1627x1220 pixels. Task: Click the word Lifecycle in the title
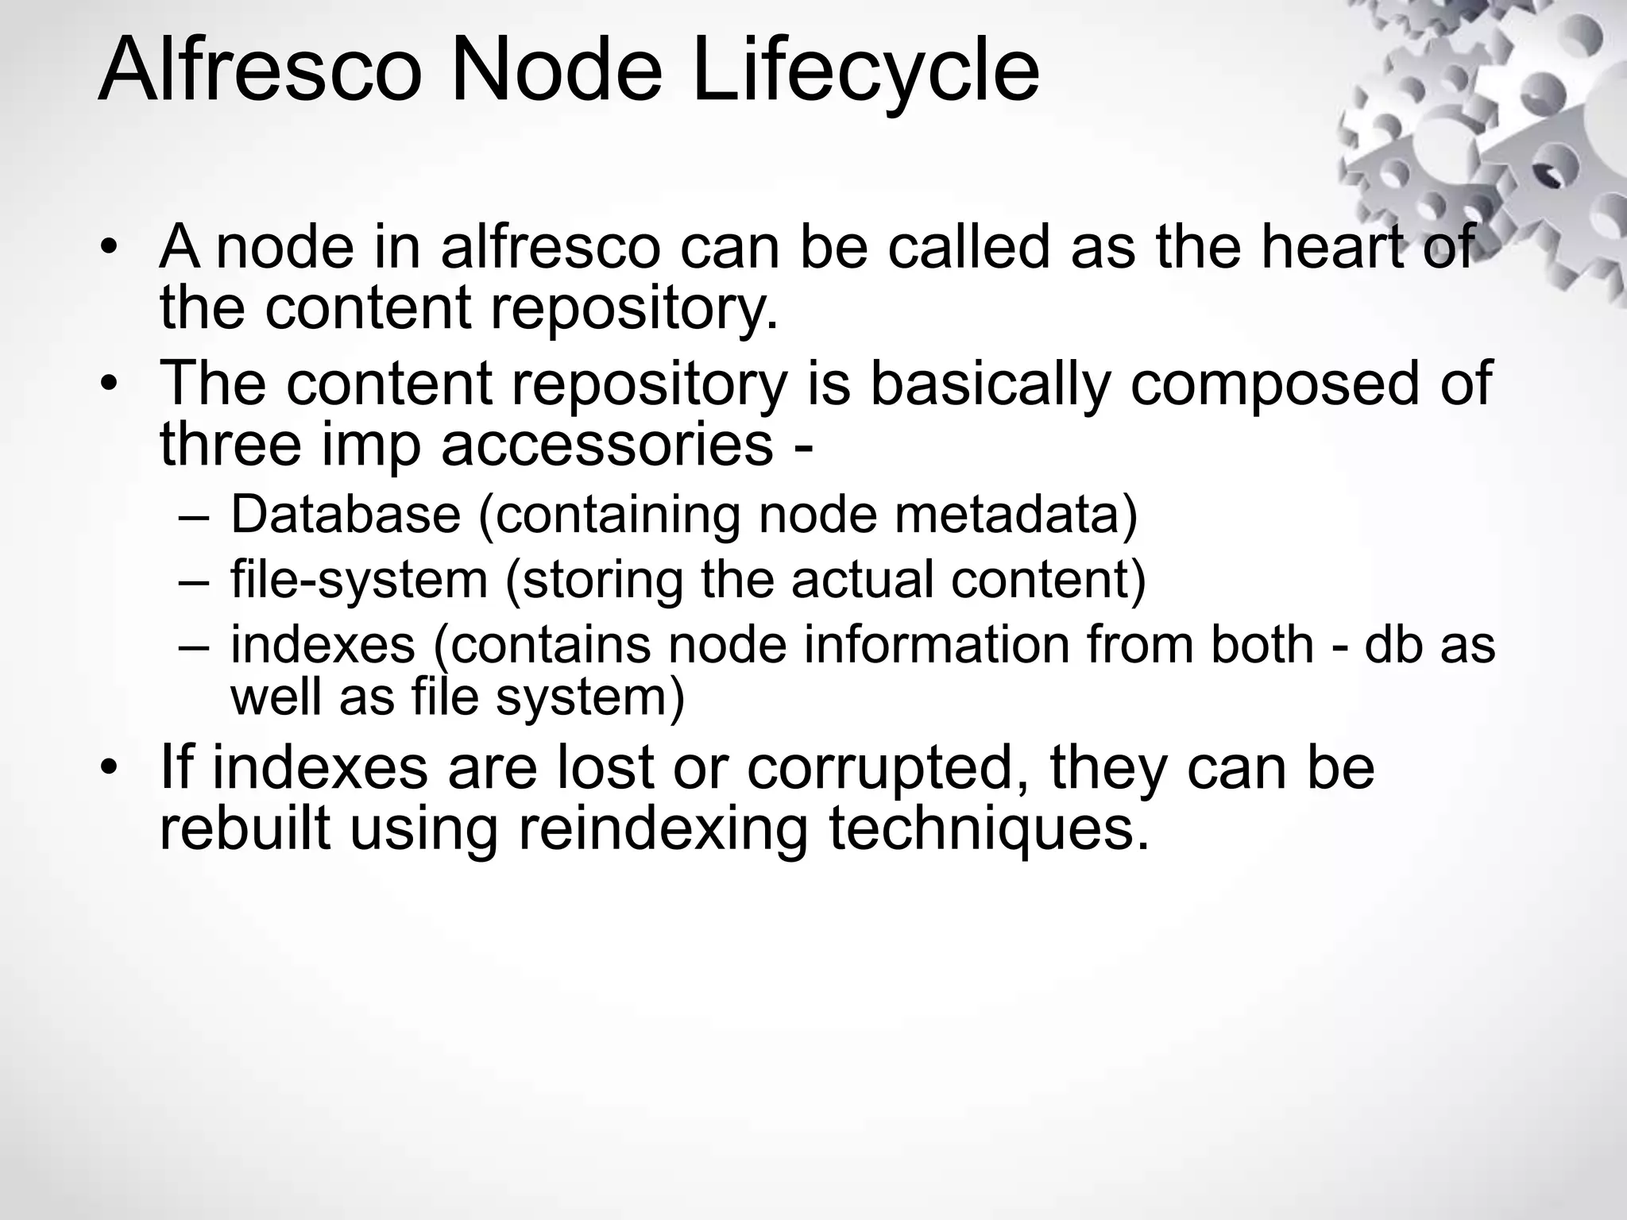(x=865, y=71)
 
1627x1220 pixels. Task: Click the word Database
(x=346, y=514)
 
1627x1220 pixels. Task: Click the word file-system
(x=359, y=579)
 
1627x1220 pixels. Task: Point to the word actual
(x=861, y=579)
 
